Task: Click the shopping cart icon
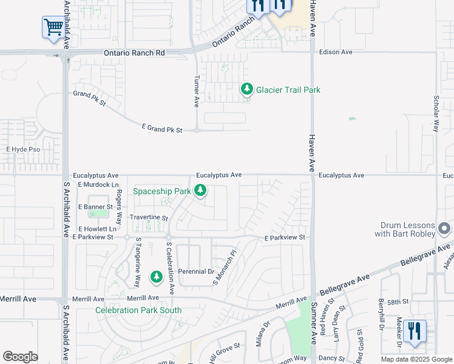(x=53, y=27)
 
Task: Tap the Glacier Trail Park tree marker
(x=246, y=89)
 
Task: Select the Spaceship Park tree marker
(x=200, y=192)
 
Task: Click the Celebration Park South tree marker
(x=157, y=277)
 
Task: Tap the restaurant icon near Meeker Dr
(x=414, y=331)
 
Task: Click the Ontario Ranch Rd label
(x=134, y=53)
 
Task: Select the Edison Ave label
(x=336, y=52)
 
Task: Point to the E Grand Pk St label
(x=162, y=127)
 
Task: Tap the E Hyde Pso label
(x=23, y=149)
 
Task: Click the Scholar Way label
(x=436, y=113)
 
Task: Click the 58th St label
(x=398, y=301)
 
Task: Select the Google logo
(x=20, y=357)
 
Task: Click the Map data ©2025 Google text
(x=416, y=359)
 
